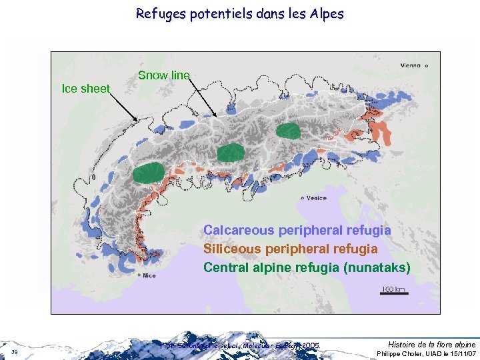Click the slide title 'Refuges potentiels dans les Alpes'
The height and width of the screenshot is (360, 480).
[239, 13]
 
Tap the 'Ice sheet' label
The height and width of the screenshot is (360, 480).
[85, 89]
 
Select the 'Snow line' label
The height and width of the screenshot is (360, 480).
[163, 75]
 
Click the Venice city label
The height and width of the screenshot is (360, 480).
[316, 198]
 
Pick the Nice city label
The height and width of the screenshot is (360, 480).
[149, 275]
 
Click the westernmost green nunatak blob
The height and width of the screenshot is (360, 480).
[147, 173]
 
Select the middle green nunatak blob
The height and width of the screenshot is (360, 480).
[231, 152]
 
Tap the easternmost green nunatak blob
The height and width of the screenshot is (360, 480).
[289, 131]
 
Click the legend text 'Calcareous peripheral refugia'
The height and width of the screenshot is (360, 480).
[297, 230]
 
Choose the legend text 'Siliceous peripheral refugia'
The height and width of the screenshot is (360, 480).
[291, 249]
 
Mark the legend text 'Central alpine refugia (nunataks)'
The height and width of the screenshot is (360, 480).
[307, 267]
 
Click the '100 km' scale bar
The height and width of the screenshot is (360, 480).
[393, 291]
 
